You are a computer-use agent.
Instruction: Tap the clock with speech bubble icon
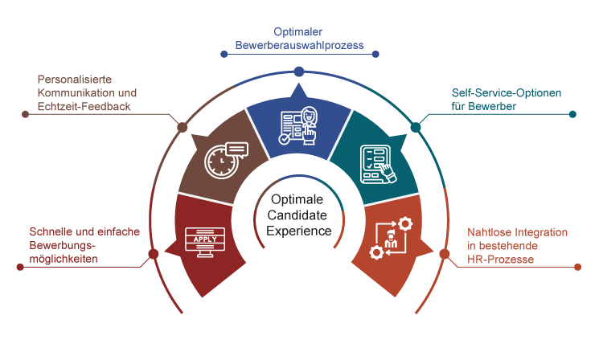click(x=225, y=159)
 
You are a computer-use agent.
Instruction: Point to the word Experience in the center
click(x=299, y=231)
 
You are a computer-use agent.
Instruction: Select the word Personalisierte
click(x=73, y=80)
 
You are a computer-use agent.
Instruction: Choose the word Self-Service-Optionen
click(x=507, y=92)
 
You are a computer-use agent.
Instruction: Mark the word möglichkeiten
click(x=64, y=258)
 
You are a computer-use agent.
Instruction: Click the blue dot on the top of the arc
click(x=299, y=72)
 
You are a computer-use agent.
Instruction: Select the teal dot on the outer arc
click(x=416, y=127)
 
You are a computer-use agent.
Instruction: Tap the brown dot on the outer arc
click(x=183, y=127)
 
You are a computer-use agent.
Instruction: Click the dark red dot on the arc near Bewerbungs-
click(x=153, y=255)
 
